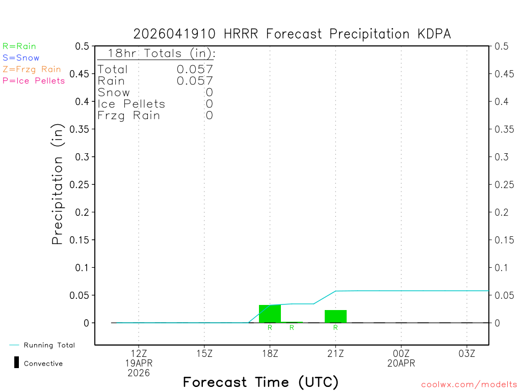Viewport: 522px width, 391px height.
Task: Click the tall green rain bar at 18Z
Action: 270,314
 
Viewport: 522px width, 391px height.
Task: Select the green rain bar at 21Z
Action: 335,316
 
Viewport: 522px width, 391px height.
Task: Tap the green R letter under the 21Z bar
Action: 335,328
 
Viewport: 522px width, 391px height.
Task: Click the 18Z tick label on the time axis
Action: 270,353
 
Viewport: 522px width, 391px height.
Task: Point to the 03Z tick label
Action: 467,353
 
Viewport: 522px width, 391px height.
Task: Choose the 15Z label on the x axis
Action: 204,353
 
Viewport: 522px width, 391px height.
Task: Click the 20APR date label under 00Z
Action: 401,363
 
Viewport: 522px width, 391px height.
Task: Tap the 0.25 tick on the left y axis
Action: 82,184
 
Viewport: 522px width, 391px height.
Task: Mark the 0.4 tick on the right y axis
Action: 502,101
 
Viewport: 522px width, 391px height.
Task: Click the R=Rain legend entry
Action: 19,46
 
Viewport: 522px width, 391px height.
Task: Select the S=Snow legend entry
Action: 21,58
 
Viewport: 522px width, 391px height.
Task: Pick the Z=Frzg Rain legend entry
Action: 32,69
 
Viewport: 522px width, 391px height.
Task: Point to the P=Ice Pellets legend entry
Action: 34,80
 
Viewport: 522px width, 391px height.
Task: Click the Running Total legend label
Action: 49,345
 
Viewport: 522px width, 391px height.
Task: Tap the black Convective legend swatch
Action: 16,363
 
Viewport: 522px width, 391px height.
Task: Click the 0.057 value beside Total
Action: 195,69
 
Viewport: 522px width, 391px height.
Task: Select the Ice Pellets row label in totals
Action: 132,104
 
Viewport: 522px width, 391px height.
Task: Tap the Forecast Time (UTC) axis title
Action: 260,382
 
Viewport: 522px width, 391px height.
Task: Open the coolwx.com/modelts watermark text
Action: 469,385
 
